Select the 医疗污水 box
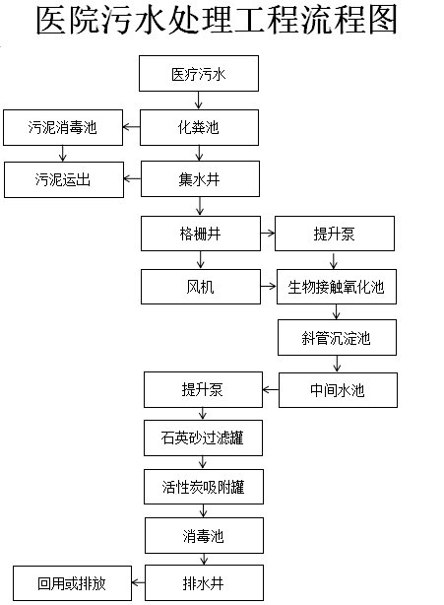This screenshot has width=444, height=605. click(x=199, y=73)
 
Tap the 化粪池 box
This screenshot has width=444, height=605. click(x=199, y=126)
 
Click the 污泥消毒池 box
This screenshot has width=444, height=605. click(x=63, y=126)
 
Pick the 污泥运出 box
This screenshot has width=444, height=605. click(x=63, y=179)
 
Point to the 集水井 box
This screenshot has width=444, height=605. click(x=199, y=179)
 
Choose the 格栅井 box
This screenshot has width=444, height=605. click(x=200, y=234)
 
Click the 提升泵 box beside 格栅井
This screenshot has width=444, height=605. click(x=335, y=234)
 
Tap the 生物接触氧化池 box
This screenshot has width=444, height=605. click(x=335, y=288)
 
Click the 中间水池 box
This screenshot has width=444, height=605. click(x=338, y=390)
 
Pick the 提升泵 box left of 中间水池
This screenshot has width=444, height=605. click(x=203, y=390)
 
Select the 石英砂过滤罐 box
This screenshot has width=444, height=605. click(x=204, y=437)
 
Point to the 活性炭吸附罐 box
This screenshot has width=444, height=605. click(x=204, y=486)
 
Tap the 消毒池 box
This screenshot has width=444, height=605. click(x=204, y=536)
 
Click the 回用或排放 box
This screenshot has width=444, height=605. click(x=72, y=583)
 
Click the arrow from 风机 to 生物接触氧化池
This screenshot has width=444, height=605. click(x=268, y=288)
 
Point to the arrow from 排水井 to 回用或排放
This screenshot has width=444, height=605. click(x=138, y=583)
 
